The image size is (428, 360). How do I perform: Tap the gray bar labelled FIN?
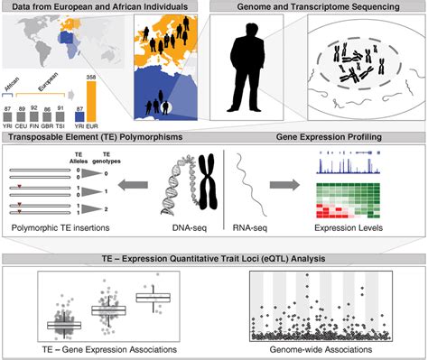pyautogui.click(x=34, y=114)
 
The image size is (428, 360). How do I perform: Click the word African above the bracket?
pyautogui.click(x=11, y=80)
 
